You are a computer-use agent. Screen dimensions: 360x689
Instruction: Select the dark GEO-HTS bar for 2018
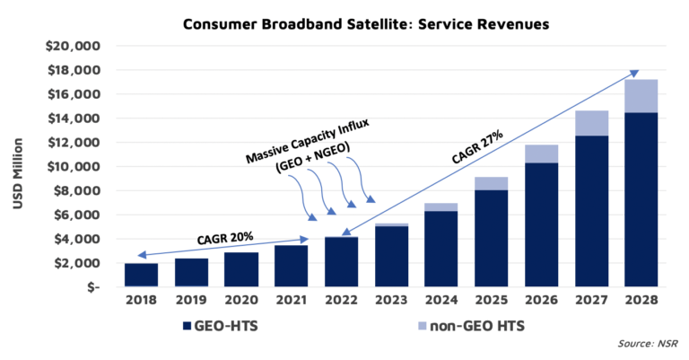tap(140, 275)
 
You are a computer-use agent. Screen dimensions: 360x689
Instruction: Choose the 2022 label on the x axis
tap(342, 301)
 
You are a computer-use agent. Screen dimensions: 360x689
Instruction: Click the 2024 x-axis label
tap(442, 301)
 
